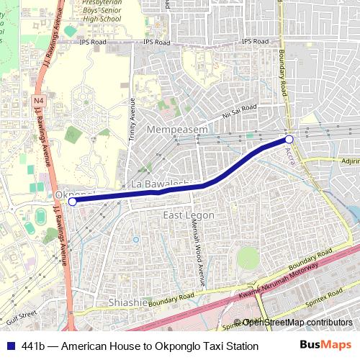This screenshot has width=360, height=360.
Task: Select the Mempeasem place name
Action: click(x=177, y=130)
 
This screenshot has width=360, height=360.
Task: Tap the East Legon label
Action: click(x=189, y=216)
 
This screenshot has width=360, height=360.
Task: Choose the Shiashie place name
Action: click(x=127, y=302)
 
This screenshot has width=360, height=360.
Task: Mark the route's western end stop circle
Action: click(x=72, y=202)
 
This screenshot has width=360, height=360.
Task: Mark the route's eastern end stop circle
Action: click(x=289, y=139)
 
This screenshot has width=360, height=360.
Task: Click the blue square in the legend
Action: click(x=10, y=346)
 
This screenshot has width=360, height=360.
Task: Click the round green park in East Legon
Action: click(x=248, y=258)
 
